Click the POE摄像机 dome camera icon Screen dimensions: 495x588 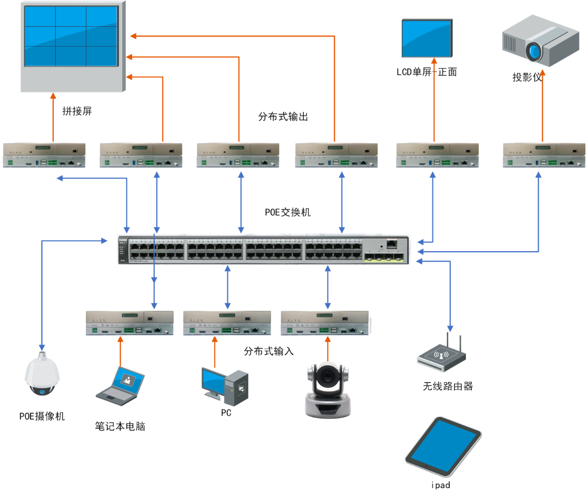pos(42,374)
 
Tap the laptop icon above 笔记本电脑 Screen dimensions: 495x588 pos(120,386)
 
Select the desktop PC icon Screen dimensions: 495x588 pos(225,387)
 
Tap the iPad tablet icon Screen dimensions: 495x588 pos(443,446)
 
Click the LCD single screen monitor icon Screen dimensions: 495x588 pos(427,39)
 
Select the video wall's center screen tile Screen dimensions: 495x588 pos(71,36)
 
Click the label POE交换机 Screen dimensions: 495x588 pos(288,212)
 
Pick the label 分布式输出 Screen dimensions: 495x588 pos(283,117)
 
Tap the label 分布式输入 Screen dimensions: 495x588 pos(269,351)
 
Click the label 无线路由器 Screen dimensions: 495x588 pos(448,386)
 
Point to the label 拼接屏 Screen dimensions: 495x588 pos(77,111)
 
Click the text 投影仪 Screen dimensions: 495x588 pos(527,77)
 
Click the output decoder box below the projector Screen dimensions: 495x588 pos(544,155)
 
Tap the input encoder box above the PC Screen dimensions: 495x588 pos(227,323)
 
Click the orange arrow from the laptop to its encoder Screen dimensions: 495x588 pos(120,351)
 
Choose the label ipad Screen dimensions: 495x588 pos(441,485)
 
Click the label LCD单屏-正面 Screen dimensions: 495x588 pos(427,72)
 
